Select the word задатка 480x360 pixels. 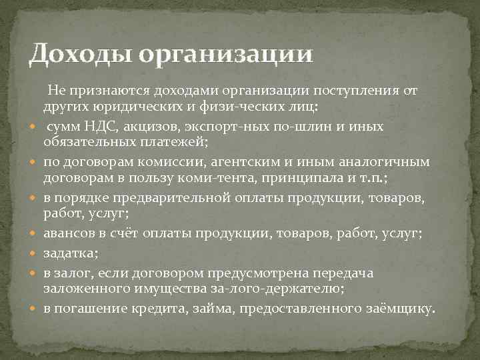tap(69, 253)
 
